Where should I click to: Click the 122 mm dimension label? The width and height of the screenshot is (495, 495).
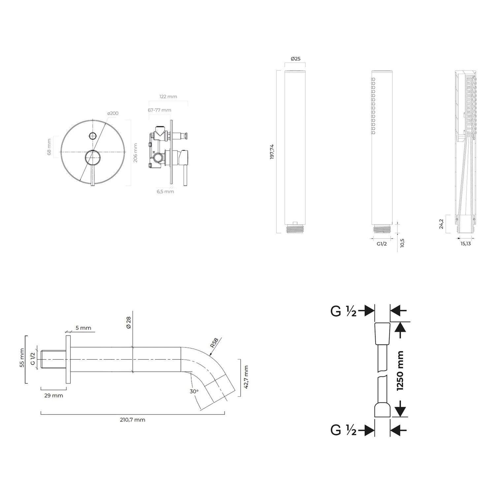coord(168,97)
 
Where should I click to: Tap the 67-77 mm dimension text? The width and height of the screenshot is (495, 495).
coord(159,110)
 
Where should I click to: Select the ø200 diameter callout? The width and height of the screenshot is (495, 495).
coord(113,113)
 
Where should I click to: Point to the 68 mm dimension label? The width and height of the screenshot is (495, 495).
coord(49,147)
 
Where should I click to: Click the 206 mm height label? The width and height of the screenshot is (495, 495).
coord(135,153)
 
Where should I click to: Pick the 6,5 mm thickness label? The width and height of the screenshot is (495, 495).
coord(165,191)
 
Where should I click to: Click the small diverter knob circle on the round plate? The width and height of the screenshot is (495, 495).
coord(93,135)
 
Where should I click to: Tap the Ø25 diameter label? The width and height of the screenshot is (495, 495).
coord(295,59)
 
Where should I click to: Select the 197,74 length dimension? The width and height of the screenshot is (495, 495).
coord(272,152)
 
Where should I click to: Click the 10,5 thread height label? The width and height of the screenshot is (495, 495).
coord(402,243)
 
